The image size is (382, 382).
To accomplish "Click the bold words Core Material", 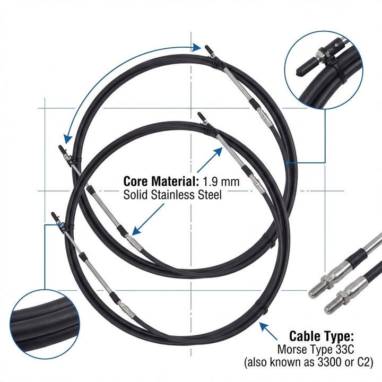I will point(161,181).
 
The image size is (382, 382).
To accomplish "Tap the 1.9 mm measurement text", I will point(220,181).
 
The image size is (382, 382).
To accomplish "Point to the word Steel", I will point(209,195).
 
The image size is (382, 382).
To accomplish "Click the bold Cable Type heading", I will point(322,336).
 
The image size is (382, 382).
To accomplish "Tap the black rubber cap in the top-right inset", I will point(300,66).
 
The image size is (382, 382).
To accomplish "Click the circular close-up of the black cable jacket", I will point(38,318).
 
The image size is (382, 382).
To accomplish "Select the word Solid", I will point(137,195).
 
